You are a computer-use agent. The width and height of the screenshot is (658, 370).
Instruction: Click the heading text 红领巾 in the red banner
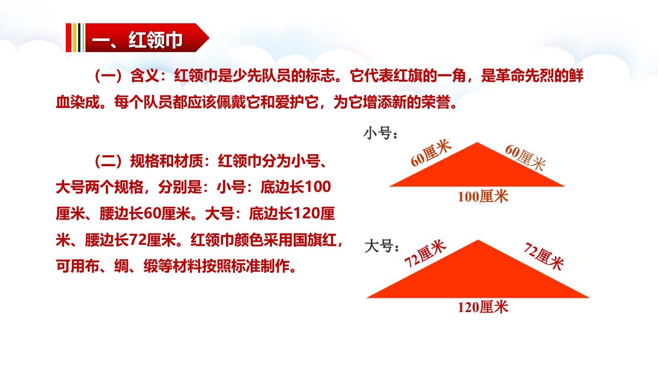[x=155, y=39]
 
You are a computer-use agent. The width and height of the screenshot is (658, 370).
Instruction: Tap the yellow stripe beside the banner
[x=74, y=37]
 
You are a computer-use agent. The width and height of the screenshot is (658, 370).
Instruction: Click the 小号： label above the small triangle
[x=381, y=133]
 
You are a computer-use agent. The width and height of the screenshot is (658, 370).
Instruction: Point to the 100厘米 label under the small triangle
[x=483, y=196]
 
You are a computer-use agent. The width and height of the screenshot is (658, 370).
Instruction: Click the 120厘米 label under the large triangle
[x=483, y=307]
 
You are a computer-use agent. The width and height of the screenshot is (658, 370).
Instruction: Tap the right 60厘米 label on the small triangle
[x=525, y=158]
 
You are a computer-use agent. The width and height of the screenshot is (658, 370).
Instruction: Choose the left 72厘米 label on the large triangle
[x=425, y=254]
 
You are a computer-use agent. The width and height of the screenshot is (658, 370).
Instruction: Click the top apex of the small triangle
[x=477, y=143]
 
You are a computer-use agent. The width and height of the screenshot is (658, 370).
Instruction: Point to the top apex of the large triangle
[x=478, y=240]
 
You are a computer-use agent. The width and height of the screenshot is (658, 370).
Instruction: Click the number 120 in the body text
[x=306, y=213]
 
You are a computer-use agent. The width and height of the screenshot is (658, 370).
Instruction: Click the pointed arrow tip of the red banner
[x=209, y=37]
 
